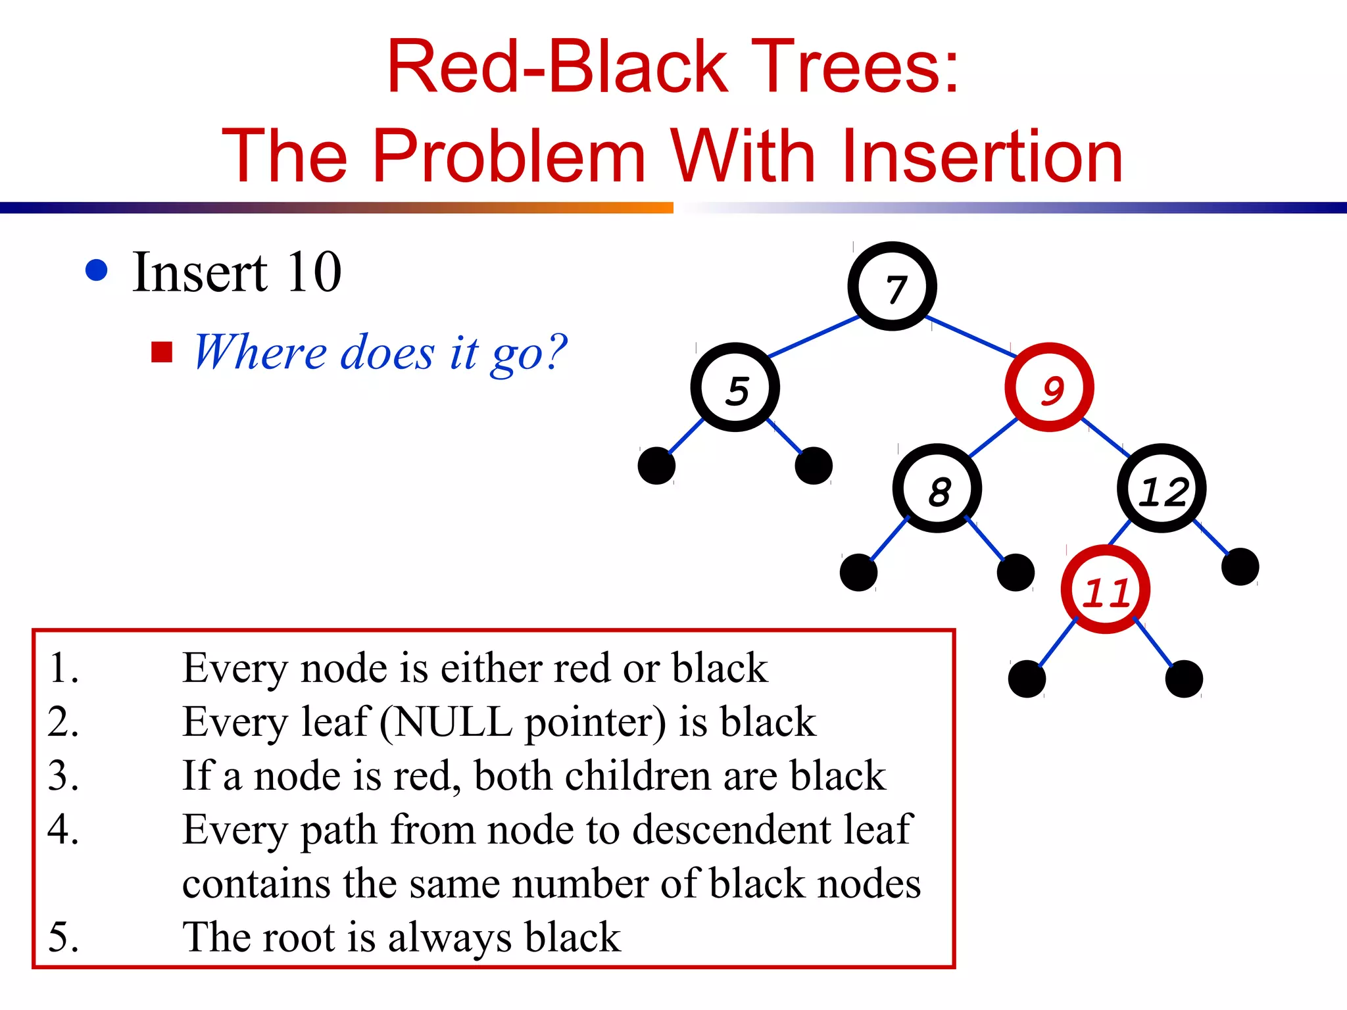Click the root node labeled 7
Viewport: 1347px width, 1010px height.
[892, 287]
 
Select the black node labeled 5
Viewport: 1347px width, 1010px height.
[735, 388]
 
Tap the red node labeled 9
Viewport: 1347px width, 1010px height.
[1049, 388]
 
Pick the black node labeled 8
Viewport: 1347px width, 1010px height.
[937, 489]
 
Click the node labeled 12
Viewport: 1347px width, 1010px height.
[1162, 489]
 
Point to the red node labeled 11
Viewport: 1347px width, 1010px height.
[1106, 590]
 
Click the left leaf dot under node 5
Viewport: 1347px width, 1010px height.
[656, 466]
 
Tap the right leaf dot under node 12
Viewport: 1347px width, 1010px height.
[1240, 567]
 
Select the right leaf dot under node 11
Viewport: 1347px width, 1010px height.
[1184, 679]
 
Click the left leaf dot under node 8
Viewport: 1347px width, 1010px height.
[858, 572]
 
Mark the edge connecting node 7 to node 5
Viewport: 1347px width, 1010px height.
[814, 337]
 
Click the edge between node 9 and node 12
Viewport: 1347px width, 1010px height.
[1106, 437]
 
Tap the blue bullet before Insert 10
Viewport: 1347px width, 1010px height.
[97, 270]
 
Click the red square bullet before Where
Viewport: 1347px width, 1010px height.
[161, 352]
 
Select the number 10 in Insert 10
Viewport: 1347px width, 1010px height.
[314, 272]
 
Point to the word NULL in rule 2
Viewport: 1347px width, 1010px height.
[453, 722]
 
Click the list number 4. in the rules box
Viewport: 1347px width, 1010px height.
[64, 829]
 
